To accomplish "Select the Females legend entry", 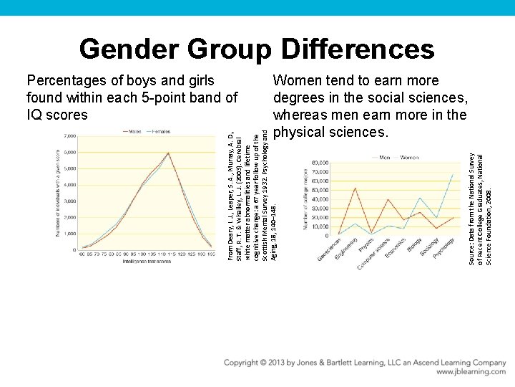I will click(161, 131).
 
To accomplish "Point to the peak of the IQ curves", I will click(168, 153).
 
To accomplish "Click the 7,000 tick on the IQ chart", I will click(70, 136).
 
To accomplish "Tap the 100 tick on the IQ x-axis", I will click(142, 254).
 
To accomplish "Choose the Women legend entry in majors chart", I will click(408, 157).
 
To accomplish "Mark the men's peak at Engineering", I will click(355, 188).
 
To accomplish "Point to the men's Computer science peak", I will click(388, 199).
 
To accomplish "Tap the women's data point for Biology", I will click(421, 198).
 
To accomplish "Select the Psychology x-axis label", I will click(445, 249).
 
